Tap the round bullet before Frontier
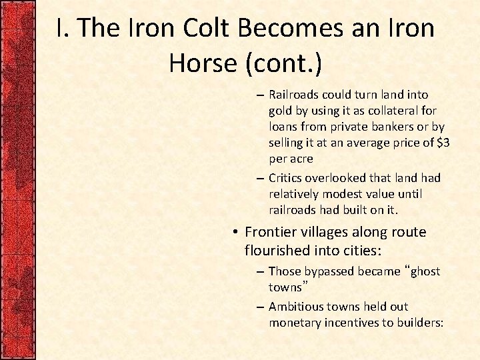click(x=237, y=233)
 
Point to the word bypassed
click(x=331, y=272)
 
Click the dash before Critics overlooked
click(x=260, y=179)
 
